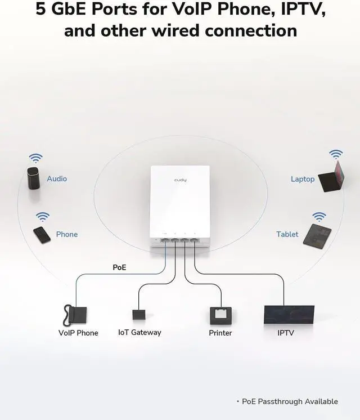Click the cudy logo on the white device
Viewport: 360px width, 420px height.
pyautogui.click(x=180, y=180)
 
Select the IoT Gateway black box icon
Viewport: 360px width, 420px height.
pyautogui.click(x=139, y=314)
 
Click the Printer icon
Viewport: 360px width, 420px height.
pyautogui.click(x=220, y=315)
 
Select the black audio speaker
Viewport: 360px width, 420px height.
pyautogui.click(x=34, y=178)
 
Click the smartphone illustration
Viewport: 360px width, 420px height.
pyautogui.click(x=42, y=234)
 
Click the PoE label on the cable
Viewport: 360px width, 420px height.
pyautogui.click(x=119, y=267)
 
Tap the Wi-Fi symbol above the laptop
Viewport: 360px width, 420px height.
pyautogui.click(x=336, y=154)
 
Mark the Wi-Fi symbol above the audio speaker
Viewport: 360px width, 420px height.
pyautogui.click(x=35, y=158)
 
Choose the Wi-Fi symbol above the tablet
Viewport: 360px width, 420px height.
pyautogui.click(x=319, y=216)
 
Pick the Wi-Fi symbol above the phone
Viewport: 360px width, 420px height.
pyautogui.click(x=43, y=216)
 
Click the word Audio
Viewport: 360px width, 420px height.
pyautogui.click(x=57, y=178)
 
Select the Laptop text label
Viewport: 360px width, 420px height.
pyautogui.click(x=303, y=179)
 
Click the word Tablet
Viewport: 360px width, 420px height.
pyautogui.click(x=287, y=234)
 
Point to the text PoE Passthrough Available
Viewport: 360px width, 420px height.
pyautogui.click(x=290, y=401)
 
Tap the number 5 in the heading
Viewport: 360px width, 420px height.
pyautogui.click(x=41, y=10)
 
